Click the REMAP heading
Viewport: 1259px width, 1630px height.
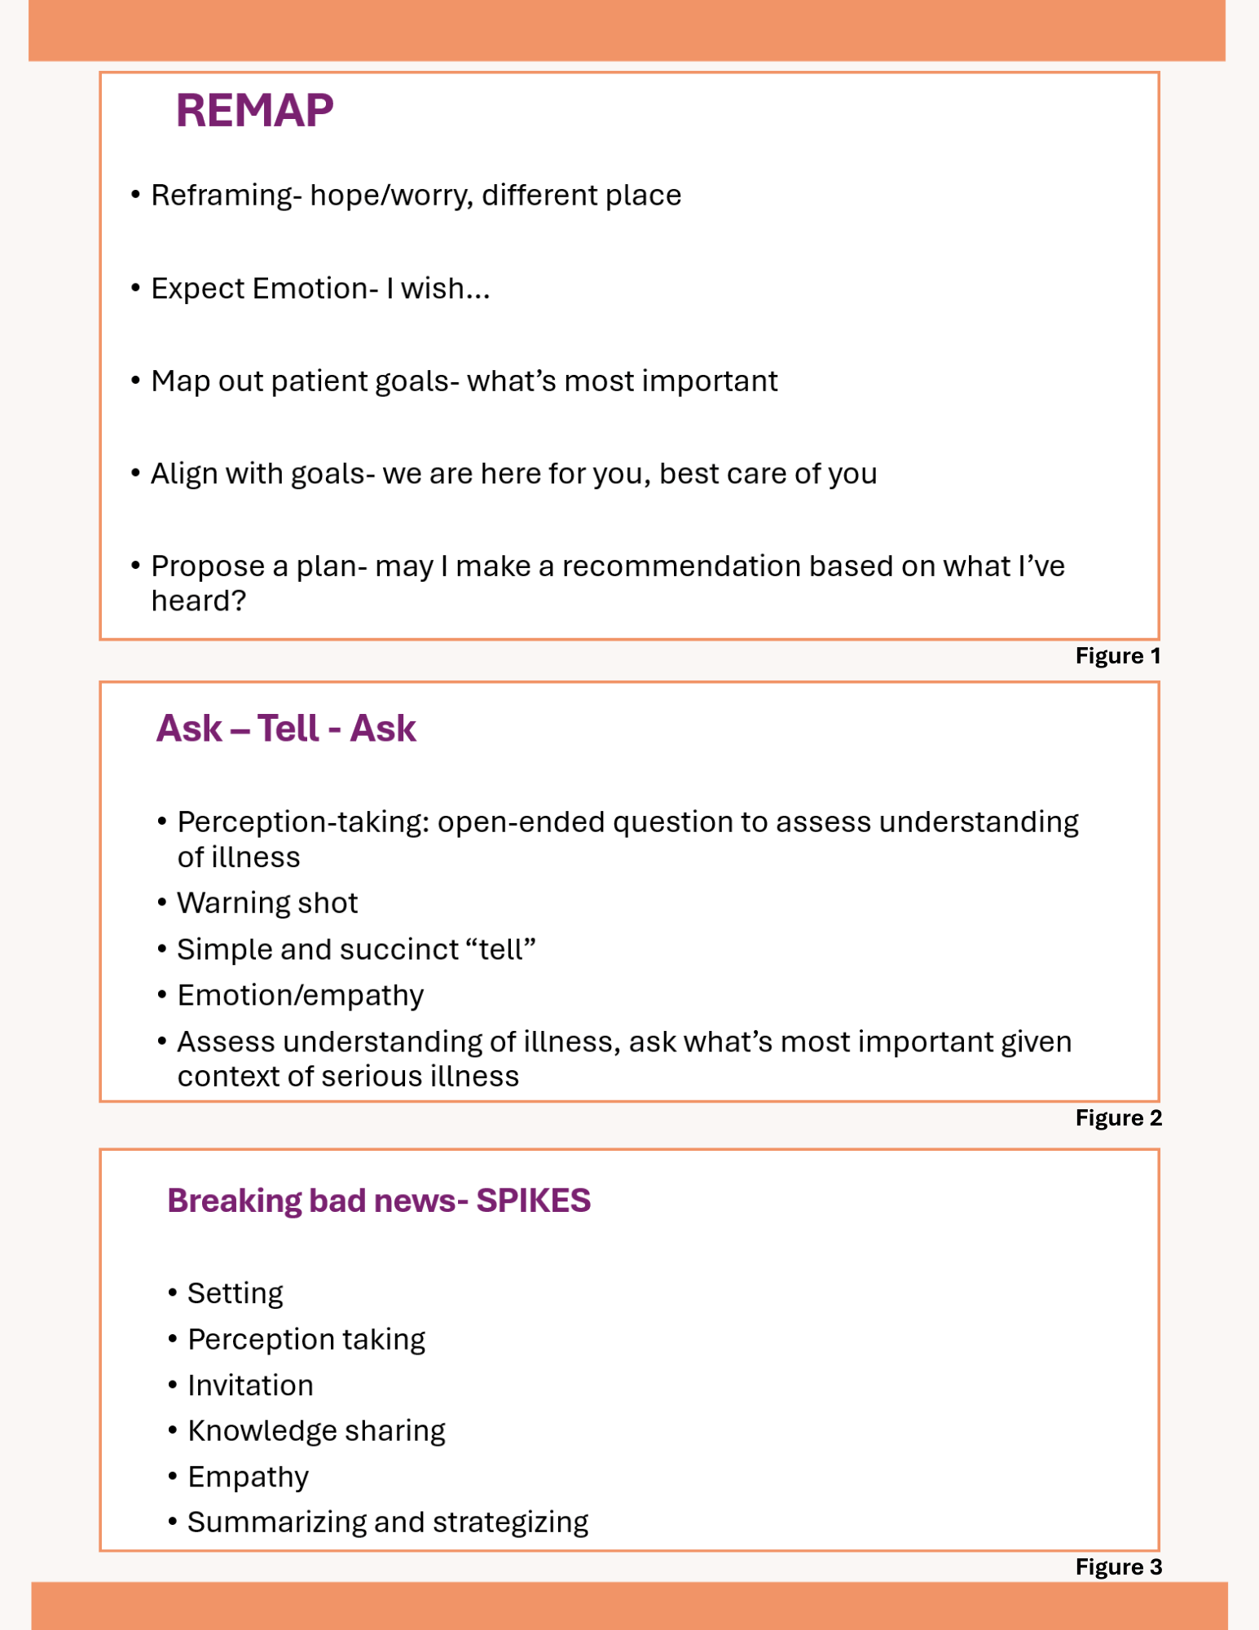[254, 111]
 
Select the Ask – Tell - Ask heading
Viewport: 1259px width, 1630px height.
[285, 729]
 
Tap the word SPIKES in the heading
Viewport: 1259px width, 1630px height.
[533, 1200]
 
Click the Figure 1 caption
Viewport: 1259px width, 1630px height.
[1117, 656]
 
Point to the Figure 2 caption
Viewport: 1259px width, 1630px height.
[1118, 1117]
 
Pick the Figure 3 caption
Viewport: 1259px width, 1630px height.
[1118, 1566]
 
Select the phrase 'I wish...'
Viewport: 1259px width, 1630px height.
[438, 289]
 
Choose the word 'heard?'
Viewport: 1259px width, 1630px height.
[198, 601]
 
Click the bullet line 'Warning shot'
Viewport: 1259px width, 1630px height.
[267, 903]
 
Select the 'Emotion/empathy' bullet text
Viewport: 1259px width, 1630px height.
[300, 995]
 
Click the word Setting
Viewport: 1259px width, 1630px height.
[235, 1293]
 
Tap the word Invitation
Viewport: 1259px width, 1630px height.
[250, 1385]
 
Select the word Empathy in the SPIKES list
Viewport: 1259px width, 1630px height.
[248, 1477]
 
